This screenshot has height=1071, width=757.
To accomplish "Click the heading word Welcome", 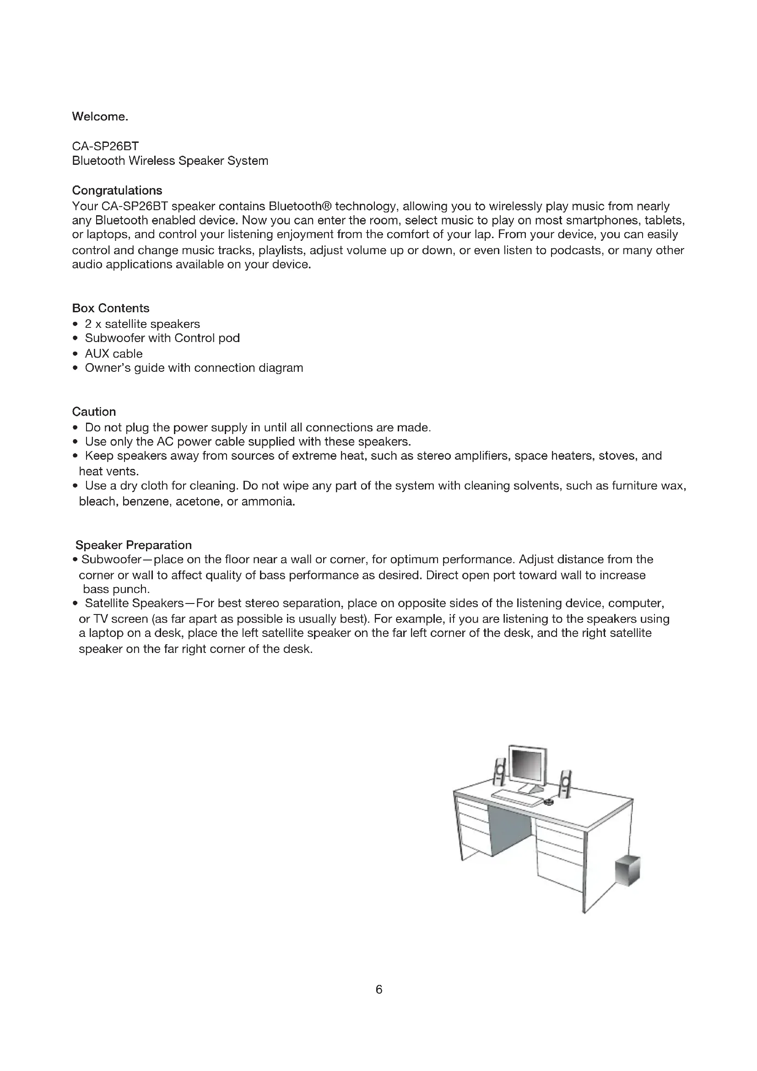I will [x=100, y=117].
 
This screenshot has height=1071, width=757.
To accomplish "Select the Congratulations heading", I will [x=117, y=190].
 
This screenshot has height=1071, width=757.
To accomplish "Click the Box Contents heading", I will [x=110, y=308].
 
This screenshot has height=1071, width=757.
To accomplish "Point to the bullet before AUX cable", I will [x=76, y=354].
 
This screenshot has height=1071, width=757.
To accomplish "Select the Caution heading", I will [x=94, y=412].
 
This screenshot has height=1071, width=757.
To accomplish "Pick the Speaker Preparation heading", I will [x=133, y=545].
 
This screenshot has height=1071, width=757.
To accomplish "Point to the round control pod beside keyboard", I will [x=548, y=802].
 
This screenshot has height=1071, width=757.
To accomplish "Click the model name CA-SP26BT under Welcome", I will [x=105, y=147].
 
